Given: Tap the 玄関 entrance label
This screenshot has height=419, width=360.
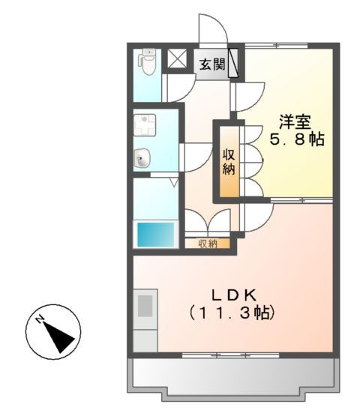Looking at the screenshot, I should point(212,64).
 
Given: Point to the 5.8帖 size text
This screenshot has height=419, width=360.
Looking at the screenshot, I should point(297,139).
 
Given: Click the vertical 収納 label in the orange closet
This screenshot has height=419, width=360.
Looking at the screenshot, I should point(229,161).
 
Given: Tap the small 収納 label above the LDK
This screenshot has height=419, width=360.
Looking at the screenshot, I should point(208,243).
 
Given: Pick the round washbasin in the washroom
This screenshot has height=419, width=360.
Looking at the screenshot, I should point(142,158).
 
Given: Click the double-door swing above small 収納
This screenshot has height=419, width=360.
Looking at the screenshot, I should point(207,222).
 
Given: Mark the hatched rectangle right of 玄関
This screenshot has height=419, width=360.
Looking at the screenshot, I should point(233,63).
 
